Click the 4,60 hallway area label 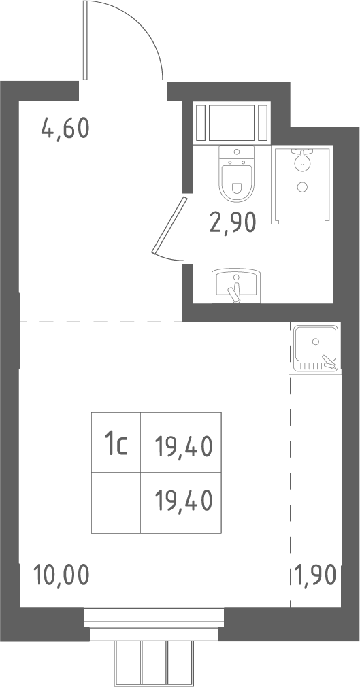point(65,129)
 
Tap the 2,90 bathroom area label point(232,222)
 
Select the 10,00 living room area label point(61,575)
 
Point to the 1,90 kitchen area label point(315,575)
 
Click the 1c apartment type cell point(116,443)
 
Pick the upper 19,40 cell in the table point(180,443)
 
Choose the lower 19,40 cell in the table point(180,503)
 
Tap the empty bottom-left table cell point(116,503)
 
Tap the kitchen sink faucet point(329,362)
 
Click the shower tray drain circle point(302,187)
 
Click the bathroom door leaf point(169,225)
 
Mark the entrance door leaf point(85,40)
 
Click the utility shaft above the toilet point(232,122)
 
